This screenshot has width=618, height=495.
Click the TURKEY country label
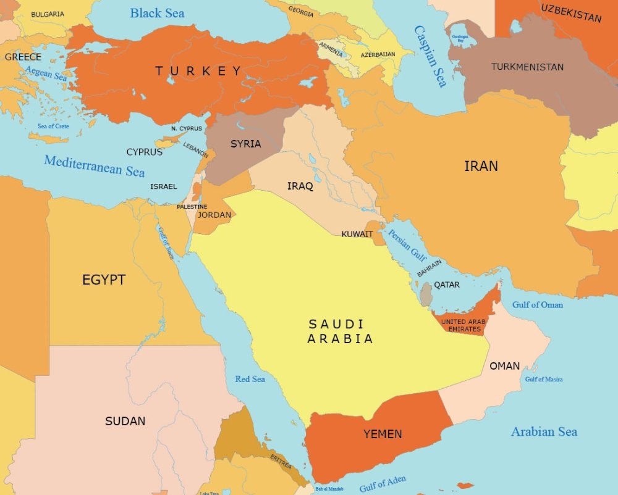(x=198, y=71)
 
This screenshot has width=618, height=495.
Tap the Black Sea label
(x=157, y=13)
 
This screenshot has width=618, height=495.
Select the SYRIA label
(x=245, y=144)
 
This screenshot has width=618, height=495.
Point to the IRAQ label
(x=300, y=186)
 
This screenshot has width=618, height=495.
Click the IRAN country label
(x=481, y=166)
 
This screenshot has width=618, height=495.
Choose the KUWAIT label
(x=357, y=234)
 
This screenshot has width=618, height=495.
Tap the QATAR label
(x=447, y=285)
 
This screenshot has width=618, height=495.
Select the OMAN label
(x=504, y=366)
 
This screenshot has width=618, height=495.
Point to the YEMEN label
(x=383, y=435)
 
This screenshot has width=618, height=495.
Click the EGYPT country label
(x=104, y=280)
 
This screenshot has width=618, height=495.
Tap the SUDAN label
(x=125, y=422)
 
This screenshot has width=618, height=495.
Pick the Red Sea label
(x=250, y=379)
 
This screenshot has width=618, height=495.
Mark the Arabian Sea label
(x=544, y=431)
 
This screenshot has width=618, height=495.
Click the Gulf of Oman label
(x=538, y=304)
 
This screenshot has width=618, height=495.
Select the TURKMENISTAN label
(x=527, y=67)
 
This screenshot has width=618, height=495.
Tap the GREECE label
(x=23, y=57)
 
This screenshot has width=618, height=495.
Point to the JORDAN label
(x=214, y=215)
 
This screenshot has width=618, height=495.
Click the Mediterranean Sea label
(x=94, y=165)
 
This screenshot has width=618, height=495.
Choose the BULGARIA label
(x=48, y=14)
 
